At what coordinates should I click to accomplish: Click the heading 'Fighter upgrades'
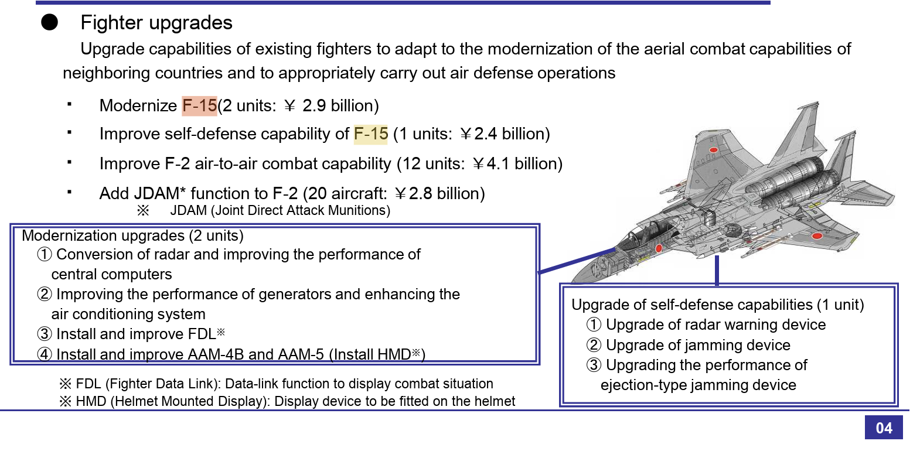pos(156,23)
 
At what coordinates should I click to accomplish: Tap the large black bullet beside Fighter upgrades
pos(50,22)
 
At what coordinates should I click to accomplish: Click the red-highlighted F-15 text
pos(200,106)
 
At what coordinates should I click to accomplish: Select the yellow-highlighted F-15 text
pos(371,134)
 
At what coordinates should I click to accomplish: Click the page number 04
pos(884,428)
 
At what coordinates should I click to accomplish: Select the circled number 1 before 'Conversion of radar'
pos(45,255)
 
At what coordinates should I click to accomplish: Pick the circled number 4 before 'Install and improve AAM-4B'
pos(45,354)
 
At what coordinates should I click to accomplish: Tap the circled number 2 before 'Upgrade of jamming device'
pos(594,345)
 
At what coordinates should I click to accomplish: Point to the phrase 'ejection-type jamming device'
pos(698,385)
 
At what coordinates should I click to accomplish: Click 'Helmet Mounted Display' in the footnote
pos(189,401)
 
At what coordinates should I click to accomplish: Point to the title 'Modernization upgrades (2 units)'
pos(132,236)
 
